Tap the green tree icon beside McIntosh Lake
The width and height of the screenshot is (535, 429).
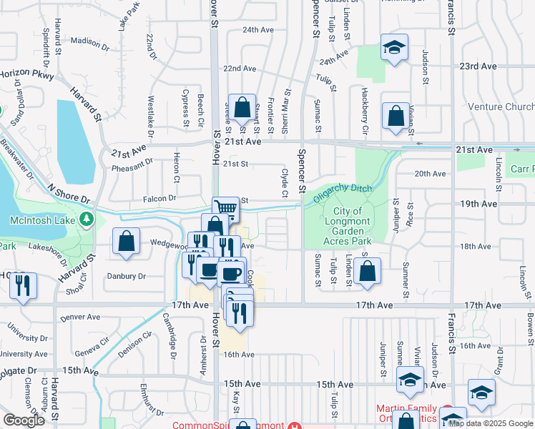pyautogui.click(x=87, y=219)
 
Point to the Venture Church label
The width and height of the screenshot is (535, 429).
pyautogui.click(x=501, y=107)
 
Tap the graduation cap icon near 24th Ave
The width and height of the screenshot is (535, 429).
pyautogui.click(x=393, y=47)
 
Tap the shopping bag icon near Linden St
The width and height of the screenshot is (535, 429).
pyautogui.click(x=367, y=271)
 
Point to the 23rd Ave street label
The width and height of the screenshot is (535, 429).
pyautogui.click(x=478, y=66)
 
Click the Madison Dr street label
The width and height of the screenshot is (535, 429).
pyautogui.click(x=89, y=42)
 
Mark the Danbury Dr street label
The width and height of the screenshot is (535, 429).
pyautogui.click(x=127, y=276)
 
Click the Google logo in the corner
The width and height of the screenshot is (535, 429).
pyautogui.click(x=24, y=420)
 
